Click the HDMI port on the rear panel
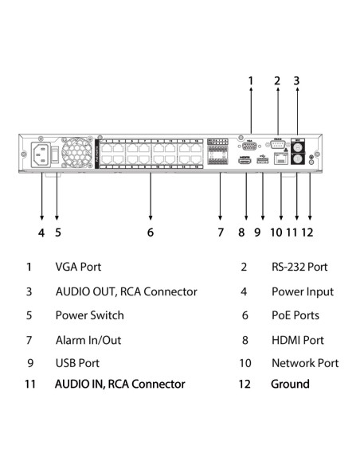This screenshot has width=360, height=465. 245,162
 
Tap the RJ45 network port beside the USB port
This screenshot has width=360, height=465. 280,161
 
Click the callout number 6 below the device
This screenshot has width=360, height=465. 150,232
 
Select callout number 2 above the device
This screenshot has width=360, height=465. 277,80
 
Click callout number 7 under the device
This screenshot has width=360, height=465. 221,232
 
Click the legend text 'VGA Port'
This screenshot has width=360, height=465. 78,268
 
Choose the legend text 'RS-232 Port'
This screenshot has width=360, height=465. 299,268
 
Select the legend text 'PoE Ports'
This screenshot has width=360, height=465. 295,315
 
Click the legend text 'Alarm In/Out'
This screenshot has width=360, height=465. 88,339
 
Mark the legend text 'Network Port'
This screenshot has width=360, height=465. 305,362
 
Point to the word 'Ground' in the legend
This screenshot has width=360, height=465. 291,384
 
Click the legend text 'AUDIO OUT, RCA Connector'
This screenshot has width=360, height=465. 126,291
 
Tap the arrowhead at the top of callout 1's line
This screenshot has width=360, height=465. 251,92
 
